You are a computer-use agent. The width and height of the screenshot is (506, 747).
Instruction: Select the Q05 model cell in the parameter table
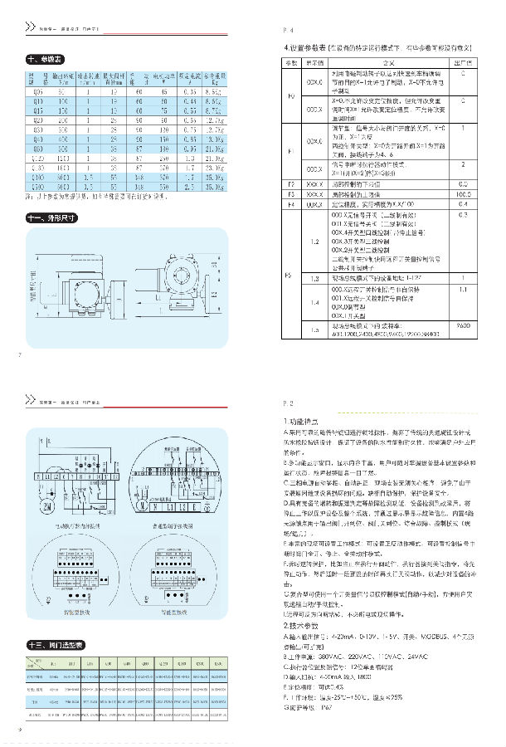36,91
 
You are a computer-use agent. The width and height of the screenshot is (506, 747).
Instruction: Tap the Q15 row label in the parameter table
36,108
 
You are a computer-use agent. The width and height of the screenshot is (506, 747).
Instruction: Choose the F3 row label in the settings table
290,182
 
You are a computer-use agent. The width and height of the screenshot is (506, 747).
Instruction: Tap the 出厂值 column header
463,62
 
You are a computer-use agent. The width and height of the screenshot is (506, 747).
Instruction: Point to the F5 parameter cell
290,273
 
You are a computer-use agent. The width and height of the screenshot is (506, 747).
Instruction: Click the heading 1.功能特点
300,423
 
